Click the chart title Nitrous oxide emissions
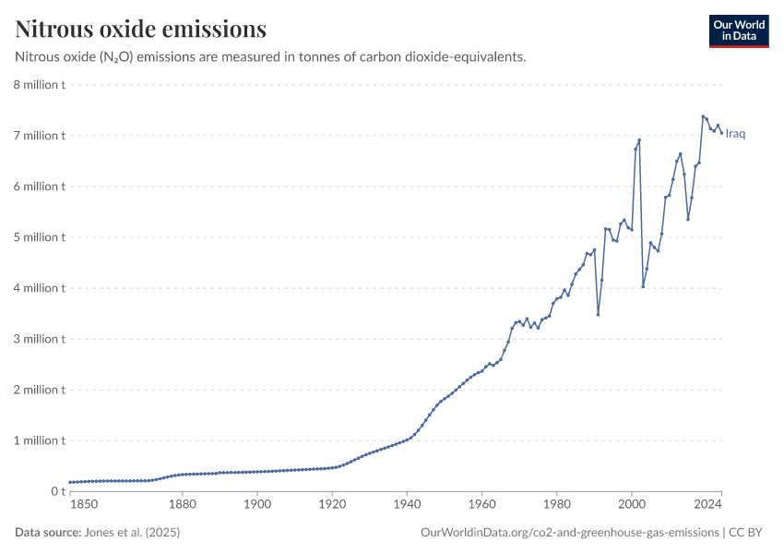tap(141, 30)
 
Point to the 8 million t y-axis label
tap(38, 85)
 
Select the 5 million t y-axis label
tap(38, 237)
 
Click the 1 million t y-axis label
tap(38, 440)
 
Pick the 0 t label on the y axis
tap(57, 491)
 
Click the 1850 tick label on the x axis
tap(82, 506)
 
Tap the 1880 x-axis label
tap(183, 506)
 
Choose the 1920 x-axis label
tap(332, 506)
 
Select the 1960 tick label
tap(481, 506)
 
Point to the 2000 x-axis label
tap(631, 506)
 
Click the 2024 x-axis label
tap(708, 506)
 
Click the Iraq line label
tap(735, 134)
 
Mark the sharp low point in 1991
tap(598, 314)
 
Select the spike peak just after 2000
tap(639, 139)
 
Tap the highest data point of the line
tap(703, 116)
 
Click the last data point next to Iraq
tap(721, 133)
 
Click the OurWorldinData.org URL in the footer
tap(569, 533)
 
